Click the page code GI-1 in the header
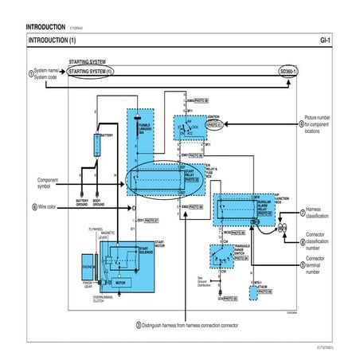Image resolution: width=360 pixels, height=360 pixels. coord(324,40)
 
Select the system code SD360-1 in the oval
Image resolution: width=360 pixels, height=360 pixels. coord(288,72)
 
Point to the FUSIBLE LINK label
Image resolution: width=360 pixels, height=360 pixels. coord(145,129)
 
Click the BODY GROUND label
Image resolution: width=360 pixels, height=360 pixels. coord(99,203)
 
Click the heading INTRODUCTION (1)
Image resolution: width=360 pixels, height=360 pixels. coord(53,40)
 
